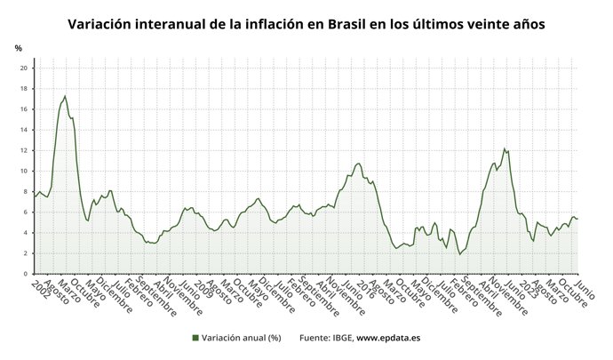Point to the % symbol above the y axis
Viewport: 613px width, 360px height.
(x=19, y=48)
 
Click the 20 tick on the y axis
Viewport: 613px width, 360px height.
(x=25, y=68)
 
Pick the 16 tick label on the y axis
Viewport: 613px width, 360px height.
(x=25, y=109)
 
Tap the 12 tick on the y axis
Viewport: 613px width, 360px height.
(x=25, y=150)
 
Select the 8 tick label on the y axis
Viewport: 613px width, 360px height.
(x=27, y=192)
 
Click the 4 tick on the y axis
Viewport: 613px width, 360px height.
(x=27, y=233)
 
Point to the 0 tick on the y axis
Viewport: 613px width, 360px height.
(x=27, y=274)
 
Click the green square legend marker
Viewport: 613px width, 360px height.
(x=195, y=338)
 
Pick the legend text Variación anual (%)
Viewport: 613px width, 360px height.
(x=242, y=338)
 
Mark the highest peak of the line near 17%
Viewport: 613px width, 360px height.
(x=65, y=96)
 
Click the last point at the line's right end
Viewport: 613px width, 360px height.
(x=578, y=219)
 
